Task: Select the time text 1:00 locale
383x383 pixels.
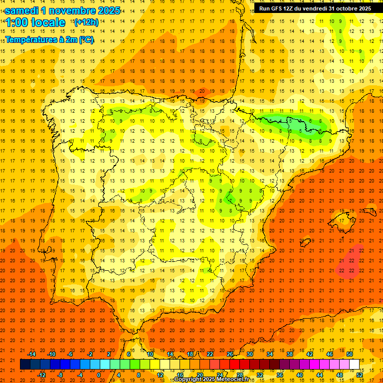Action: click(35, 22)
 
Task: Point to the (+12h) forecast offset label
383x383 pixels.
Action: click(86, 22)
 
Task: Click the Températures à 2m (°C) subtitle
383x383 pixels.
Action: click(49, 39)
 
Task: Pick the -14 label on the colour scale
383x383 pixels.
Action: click(32, 354)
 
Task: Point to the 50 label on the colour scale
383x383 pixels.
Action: click(350, 354)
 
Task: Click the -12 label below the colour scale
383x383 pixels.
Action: click(41, 375)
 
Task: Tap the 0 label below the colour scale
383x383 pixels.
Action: click(99, 375)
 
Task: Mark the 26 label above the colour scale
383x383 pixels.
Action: click(230, 354)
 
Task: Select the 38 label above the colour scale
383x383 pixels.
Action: click(290, 354)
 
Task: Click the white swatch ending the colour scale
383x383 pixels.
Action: click(354, 365)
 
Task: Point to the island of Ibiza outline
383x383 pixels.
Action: click(303, 243)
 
